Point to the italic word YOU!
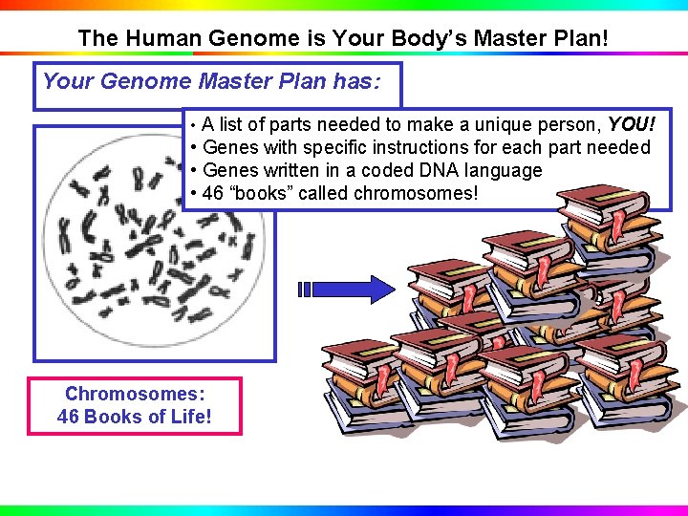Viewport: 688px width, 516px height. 632,124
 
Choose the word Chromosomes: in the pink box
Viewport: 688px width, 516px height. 135,394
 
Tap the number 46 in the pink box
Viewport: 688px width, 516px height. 69,417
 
